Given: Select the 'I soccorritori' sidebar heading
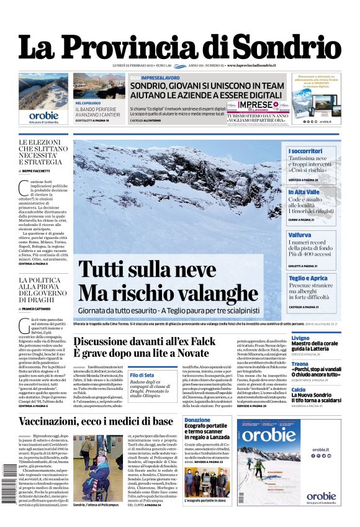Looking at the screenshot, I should (x=305, y=151).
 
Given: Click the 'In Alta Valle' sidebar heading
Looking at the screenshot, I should (x=304, y=192).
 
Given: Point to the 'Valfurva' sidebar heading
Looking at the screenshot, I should (x=300, y=235).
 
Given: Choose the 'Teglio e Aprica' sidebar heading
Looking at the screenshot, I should (x=308, y=278).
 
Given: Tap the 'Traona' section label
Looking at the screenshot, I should (x=300, y=364).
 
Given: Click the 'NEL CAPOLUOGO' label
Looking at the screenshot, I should (x=88, y=103).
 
